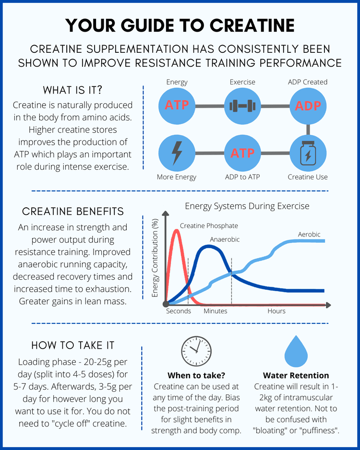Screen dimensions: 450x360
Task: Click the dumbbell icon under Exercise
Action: pyautogui.click(x=242, y=105)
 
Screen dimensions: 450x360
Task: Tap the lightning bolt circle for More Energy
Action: pyautogui.click(x=177, y=153)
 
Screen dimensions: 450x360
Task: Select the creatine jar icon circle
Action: pyautogui.click(x=308, y=153)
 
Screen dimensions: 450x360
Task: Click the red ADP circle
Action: pyautogui.click(x=308, y=105)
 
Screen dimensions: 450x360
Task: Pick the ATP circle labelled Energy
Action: pyautogui.click(x=177, y=105)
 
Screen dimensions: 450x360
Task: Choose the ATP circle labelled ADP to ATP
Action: pyautogui.click(x=242, y=153)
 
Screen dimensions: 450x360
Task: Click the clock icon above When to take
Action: pyautogui.click(x=196, y=352)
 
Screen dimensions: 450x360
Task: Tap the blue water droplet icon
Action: pyautogui.click(x=299, y=352)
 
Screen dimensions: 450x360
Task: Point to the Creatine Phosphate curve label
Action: pyautogui.click(x=209, y=225)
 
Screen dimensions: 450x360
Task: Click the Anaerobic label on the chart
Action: pyautogui.click(x=225, y=239)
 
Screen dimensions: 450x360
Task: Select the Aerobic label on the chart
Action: pyautogui.click(x=309, y=234)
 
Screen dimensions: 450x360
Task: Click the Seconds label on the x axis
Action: pyautogui.click(x=179, y=311)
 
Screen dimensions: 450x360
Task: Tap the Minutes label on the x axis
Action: pyautogui.click(x=216, y=311)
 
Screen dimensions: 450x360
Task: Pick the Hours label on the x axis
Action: pyautogui.click(x=276, y=311)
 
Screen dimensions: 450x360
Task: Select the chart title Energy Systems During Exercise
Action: pyautogui.click(x=247, y=206)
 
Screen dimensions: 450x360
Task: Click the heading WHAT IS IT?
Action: pyautogui.click(x=72, y=90)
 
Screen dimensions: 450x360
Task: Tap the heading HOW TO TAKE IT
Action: pyautogui.click(x=72, y=345)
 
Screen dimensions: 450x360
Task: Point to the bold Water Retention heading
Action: pyautogui.click(x=296, y=375)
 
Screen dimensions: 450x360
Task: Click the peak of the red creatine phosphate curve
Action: pyautogui.click(x=177, y=230)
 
